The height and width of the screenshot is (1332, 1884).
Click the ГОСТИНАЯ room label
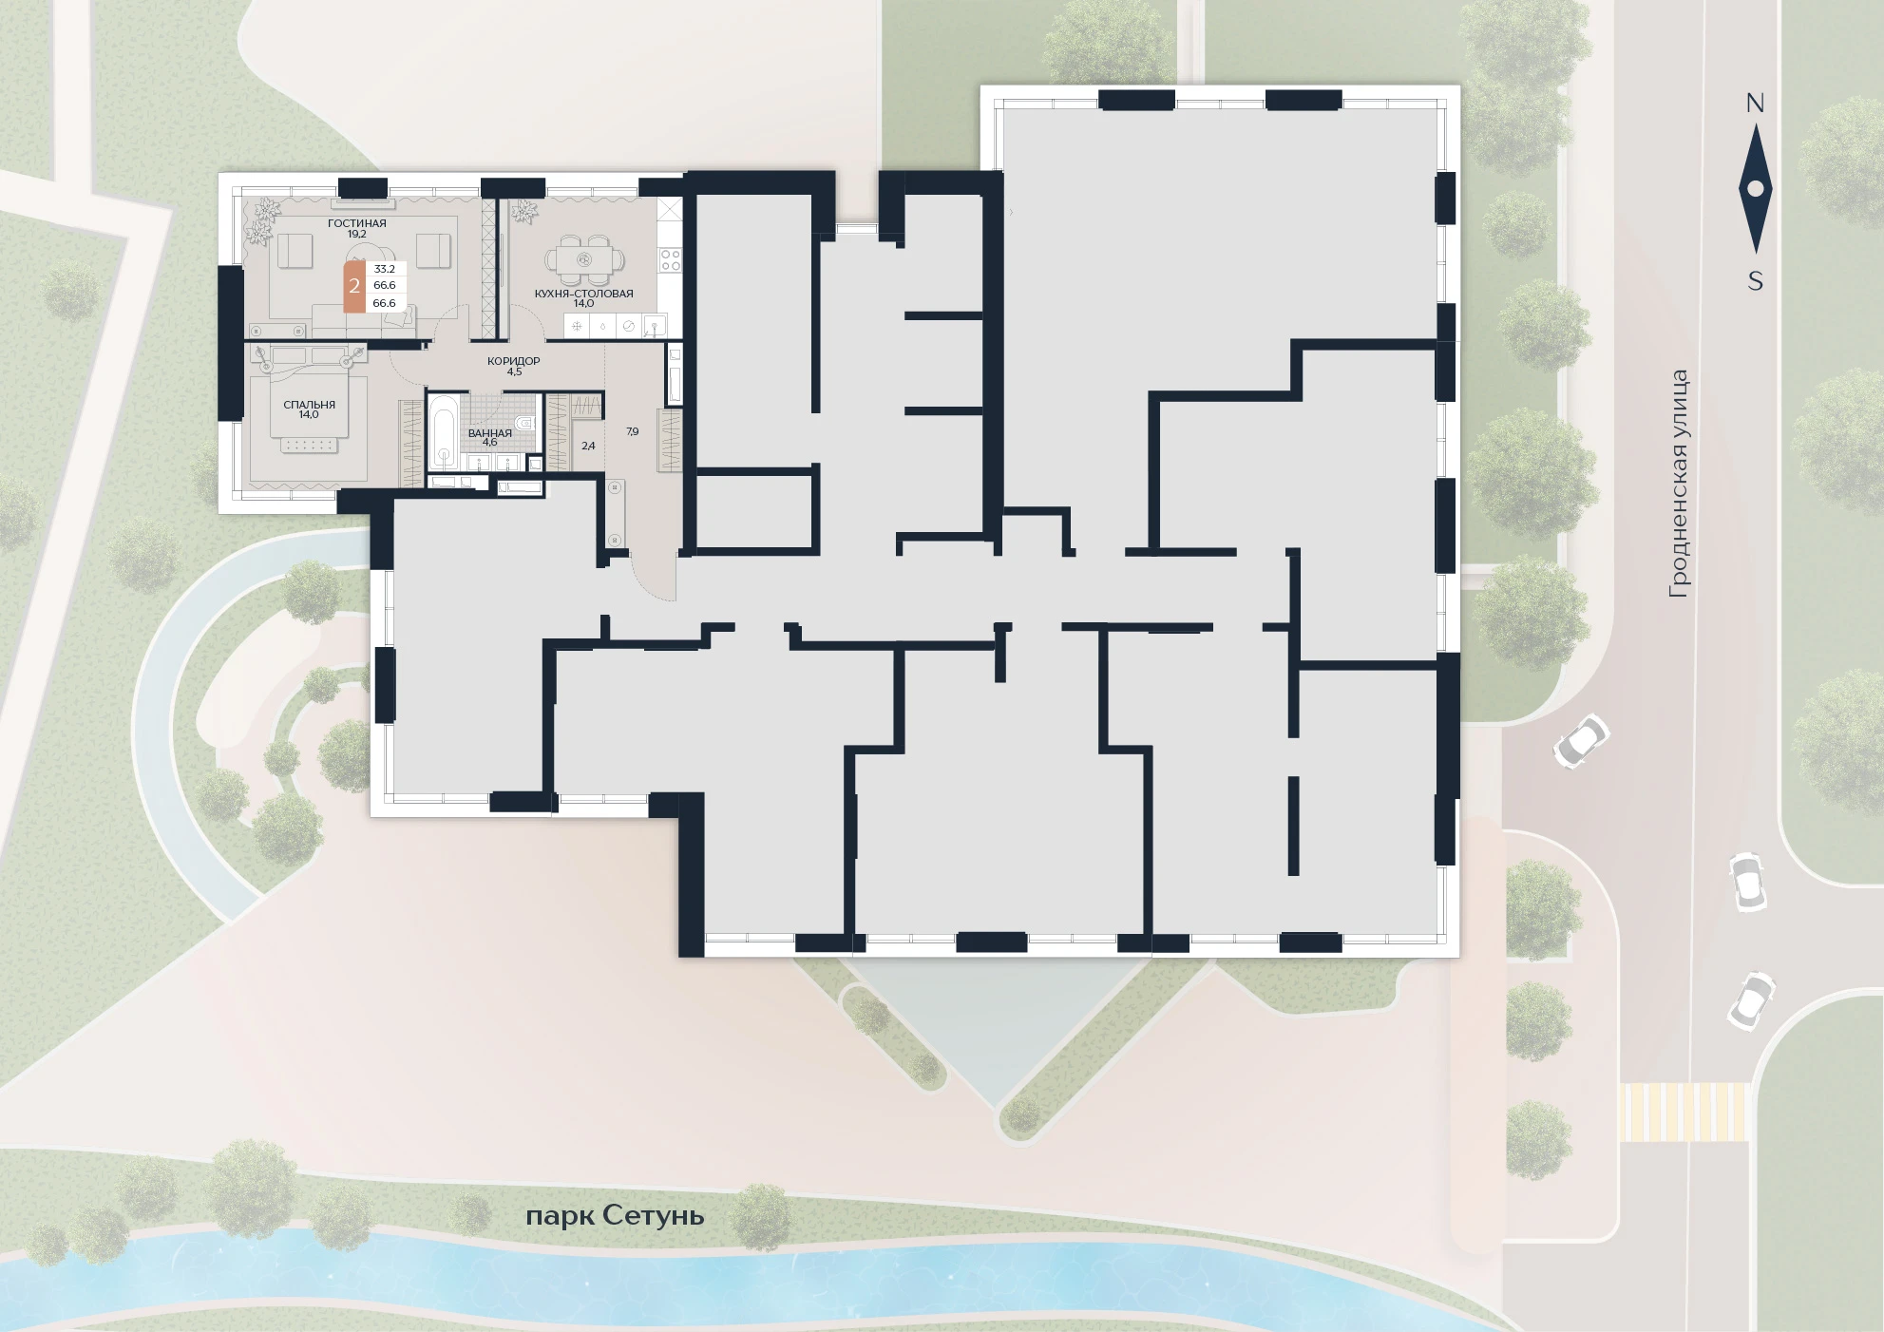pyautogui.click(x=357, y=223)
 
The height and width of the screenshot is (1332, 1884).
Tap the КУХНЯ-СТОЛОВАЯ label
pyautogui.click(x=583, y=294)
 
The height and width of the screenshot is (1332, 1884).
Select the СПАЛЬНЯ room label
pyautogui.click(x=310, y=405)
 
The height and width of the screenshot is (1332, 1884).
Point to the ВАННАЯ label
pyautogui.click(x=490, y=433)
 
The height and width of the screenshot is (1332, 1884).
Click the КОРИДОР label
pyautogui.click(x=514, y=361)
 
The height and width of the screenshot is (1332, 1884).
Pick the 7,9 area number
pyautogui.click(x=633, y=431)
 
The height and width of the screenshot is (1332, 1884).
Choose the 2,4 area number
pyautogui.click(x=588, y=446)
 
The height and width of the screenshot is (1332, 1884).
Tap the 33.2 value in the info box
pyautogui.click(x=385, y=269)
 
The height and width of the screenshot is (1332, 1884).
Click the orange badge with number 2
pyautogui.click(x=353, y=285)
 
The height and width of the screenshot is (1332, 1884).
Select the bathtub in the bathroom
pyautogui.click(x=441, y=432)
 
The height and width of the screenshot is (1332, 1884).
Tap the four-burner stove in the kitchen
pyautogui.click(x=671, y=260)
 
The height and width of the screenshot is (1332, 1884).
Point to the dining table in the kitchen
pyautogui.click(x=584, y=258)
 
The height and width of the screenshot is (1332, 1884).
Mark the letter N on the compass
pyautogui.click(x=1755, y=104)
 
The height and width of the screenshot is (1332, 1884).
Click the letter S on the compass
pyautogui.click(x=1756, y=281)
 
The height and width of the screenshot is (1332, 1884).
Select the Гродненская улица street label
pyautogui.click(x=1680, y=484)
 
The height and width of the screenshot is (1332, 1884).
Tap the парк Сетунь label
pyautogui.click(x=615, y=1216)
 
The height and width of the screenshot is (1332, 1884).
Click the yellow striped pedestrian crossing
pyautogui.click(x=1684, y=1112)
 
